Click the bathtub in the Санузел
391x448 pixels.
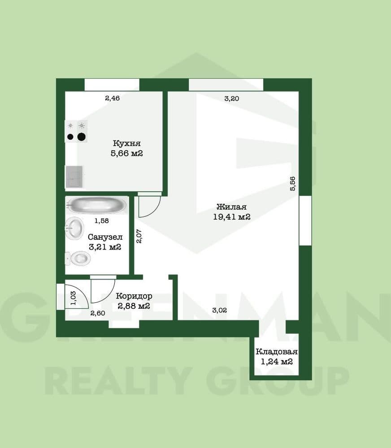96,205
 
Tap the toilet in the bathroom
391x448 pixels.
78,258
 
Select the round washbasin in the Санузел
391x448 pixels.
75,228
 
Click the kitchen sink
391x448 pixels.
74,177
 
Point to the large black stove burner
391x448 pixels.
82,137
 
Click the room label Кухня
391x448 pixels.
127,143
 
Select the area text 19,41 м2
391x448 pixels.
232,217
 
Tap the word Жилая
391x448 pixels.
232,207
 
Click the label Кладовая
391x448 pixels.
277,351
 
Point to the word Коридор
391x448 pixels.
134,296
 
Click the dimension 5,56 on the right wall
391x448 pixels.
292,184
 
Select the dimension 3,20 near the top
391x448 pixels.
232,99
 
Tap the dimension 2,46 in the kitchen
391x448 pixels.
113,98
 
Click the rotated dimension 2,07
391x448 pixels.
139,236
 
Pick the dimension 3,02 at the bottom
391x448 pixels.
220,310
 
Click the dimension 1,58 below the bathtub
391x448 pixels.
101,220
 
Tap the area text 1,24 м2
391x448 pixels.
277,362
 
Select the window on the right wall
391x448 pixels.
305,220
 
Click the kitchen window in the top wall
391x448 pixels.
112,85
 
